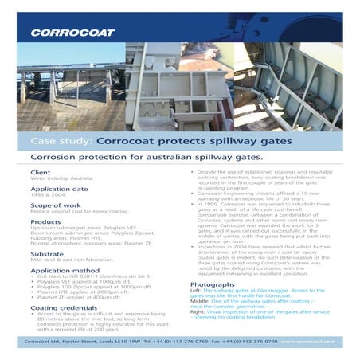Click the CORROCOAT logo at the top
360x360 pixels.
(x=73, y=33)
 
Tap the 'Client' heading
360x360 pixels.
(x=40, y=172)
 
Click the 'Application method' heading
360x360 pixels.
(x=65, y=271)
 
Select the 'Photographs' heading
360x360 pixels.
(x=213, y=284)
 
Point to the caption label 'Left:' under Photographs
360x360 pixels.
(x=196, y=291)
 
